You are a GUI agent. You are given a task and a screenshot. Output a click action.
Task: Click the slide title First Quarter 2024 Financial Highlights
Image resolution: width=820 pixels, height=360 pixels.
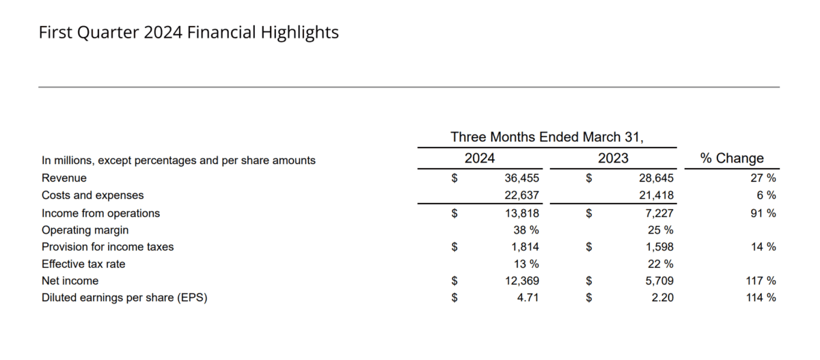[189, 32]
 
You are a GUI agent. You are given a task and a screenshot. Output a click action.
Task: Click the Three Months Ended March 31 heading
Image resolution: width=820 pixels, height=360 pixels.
[547, 137]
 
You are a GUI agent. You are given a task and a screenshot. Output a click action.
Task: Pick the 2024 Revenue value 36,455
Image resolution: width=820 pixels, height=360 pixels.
[521, 178]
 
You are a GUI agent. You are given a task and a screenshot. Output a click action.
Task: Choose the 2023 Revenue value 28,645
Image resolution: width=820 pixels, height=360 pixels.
[655, 178]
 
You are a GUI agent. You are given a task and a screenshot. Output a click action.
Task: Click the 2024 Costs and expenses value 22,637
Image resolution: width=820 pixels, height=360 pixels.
[521, 195]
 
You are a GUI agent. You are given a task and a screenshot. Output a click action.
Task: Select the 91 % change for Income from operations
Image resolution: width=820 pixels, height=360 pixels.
[763, 213]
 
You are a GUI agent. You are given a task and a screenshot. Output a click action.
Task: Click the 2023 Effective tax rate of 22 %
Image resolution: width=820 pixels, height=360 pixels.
[660, 264]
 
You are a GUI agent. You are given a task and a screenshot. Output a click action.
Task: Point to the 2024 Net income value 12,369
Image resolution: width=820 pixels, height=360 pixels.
[521, 281]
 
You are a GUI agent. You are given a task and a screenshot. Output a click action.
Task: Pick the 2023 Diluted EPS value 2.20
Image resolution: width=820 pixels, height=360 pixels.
[662, 298]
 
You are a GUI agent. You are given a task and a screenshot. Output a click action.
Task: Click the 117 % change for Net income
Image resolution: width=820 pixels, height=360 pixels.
[761, 281]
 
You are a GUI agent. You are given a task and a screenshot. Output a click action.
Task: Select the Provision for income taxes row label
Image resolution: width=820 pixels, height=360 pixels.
[108, 247]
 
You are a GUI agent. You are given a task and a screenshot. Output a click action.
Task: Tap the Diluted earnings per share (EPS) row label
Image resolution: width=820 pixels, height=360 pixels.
[124, 298]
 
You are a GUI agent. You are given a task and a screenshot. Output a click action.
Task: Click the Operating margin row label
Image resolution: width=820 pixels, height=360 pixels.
[85, 230]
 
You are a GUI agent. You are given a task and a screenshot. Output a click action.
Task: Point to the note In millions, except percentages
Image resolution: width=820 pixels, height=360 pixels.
[179, 161]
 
